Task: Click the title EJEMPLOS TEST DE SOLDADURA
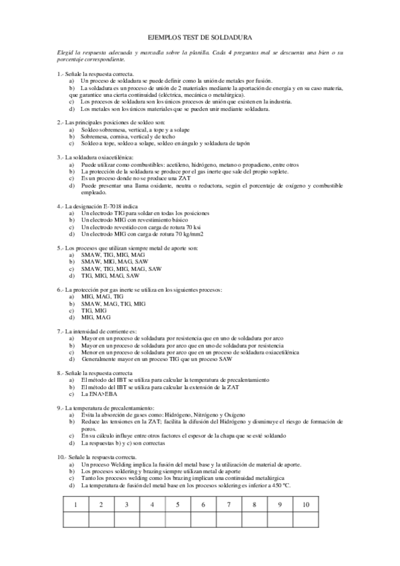200,40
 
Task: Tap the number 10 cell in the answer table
306,504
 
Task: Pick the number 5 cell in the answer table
177,504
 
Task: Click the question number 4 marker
60,206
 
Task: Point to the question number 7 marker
60,331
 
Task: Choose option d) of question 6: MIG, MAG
93,317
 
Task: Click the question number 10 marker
61,457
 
